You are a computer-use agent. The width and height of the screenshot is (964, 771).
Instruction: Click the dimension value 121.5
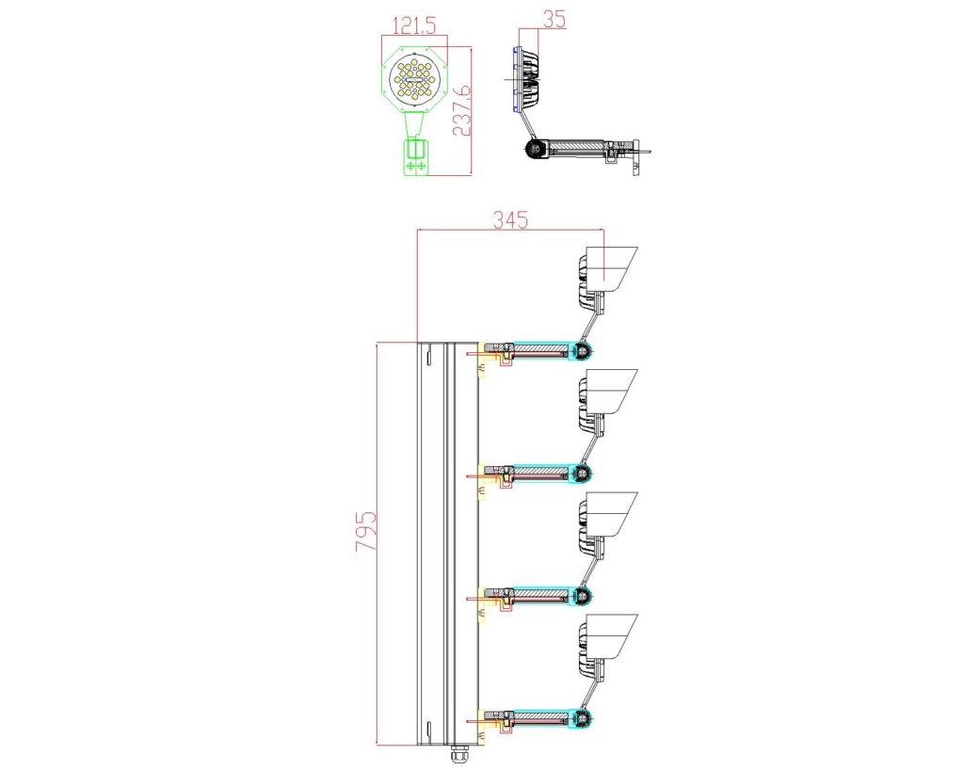(x=414, y=25)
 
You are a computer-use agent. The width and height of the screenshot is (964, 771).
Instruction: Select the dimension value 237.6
(x=461, y=111)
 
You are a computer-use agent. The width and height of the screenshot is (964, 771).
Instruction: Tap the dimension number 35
(x=554, y=19)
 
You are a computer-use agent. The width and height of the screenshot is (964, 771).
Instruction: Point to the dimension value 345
(x=510, y=219)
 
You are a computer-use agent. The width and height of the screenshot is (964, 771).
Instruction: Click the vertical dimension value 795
(x=365, y=531)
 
